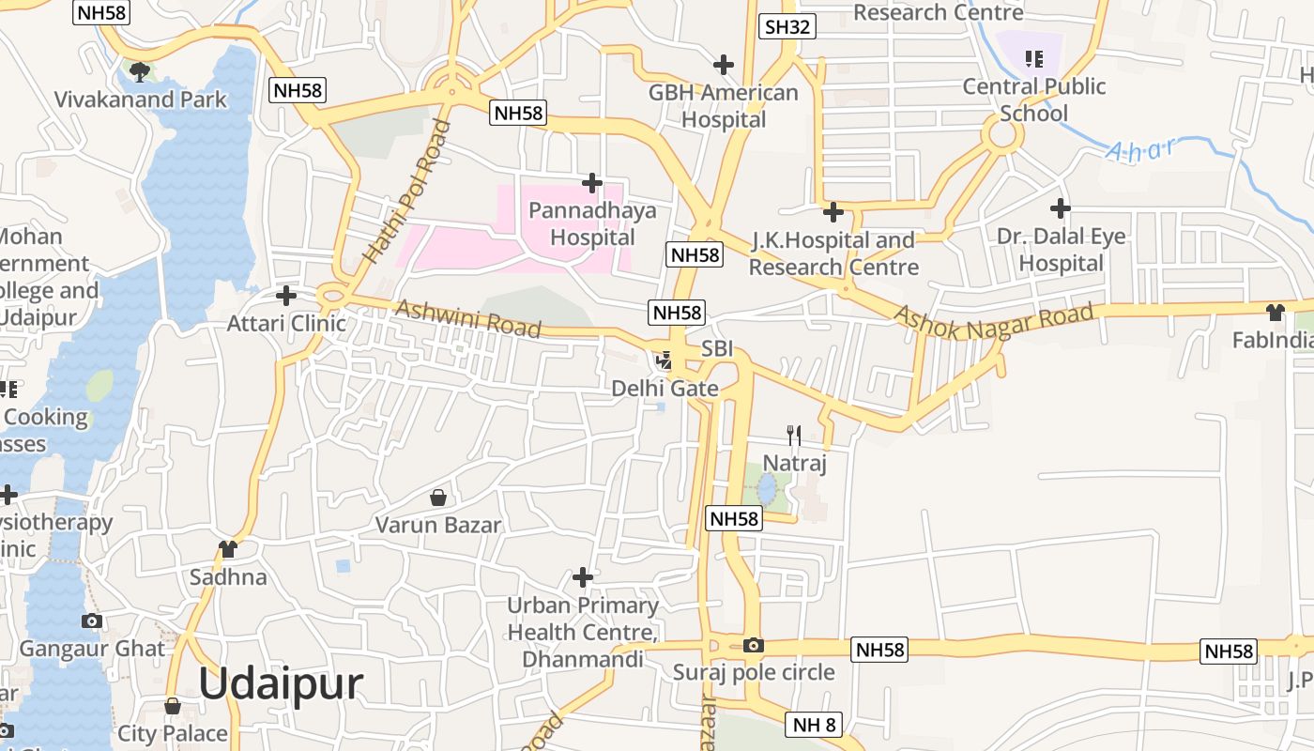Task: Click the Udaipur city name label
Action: coord(280,683)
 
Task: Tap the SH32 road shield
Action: coord(787,26)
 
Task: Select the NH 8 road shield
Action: coord(814,725)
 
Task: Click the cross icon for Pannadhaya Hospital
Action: coord(591,182)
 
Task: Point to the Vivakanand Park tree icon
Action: coord(140,71)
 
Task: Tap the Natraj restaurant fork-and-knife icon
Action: coord(793,435)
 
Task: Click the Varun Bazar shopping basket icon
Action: coord(437,497)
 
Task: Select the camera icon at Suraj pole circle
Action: coord(753,645)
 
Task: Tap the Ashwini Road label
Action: coord(468,318)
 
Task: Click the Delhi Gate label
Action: coord(665,389)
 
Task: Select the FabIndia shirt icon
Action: coord(1275,313)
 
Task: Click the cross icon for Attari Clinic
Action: coord(286,296)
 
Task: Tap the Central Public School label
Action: coord(1034,100)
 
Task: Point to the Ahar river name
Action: coord(1140,150)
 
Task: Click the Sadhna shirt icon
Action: coord(228,549)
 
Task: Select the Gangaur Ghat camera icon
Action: coord(92,621)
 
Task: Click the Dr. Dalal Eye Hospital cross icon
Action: coord(1061,207)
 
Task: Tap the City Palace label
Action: coord(173,733)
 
